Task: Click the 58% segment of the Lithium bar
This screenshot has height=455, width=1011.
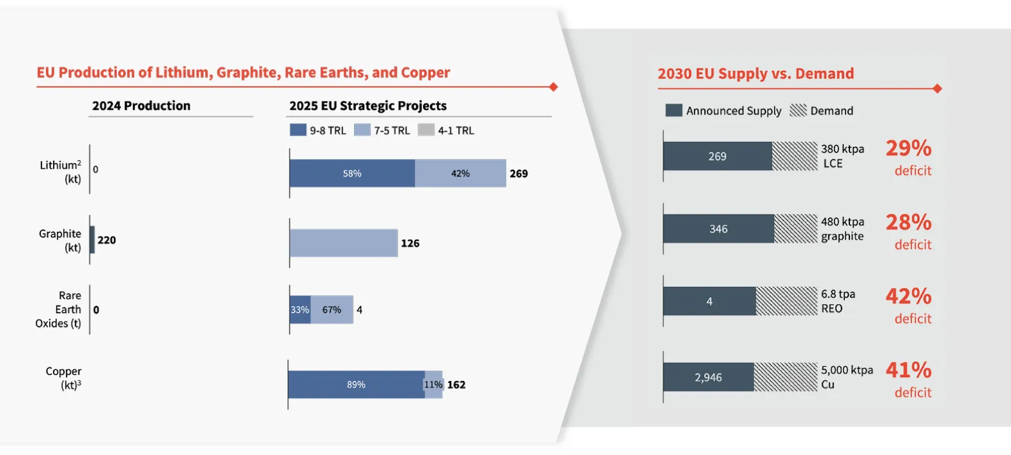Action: pyautogui.click(x=352, y=173)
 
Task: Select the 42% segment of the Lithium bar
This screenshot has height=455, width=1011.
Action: pyautogui.click(x=460, y=173)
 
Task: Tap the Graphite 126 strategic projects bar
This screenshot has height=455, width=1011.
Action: pyautogui.click(x=344, y=243)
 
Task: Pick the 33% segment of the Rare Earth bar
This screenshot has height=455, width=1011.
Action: pyautogui.click(x=300, y=310)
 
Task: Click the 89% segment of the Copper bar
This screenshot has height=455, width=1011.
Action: pyautogui.click(x=356, y=385)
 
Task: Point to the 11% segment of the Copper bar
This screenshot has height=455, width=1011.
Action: pyautogui.click(x=433, y=385)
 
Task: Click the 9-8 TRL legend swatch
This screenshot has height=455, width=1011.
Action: pyautogui.click(x=298, y=130)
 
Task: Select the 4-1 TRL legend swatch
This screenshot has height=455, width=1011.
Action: pyautogui.click(x=426, y=130)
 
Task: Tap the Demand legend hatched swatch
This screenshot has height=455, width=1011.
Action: pyautogui.click(x=798, y=111)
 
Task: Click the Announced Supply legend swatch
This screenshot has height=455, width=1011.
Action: pyautogui.click(x=674, y=111)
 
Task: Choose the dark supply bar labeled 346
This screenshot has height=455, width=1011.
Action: pyautogui.click(x=718, y=229)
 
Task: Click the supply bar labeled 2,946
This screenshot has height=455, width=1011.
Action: pyautogui.click(x=708, y=378)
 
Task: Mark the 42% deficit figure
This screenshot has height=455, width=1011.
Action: pyautogui.click(x=908, y=297)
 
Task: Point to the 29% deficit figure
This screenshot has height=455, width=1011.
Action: pyautogui.click(x=908, y=148)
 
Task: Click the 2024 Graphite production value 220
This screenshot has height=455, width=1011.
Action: pyautogui.click(x=107, y=240)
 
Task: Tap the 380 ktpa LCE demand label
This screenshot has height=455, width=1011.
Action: pyautogui.click(x=842, y=156)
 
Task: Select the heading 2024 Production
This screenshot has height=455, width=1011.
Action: pyautogui.click(x=141, y=106)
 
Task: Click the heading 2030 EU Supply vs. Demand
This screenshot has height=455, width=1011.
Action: pyautogui.click(x=755, y=74)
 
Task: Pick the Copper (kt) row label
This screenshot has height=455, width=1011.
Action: pyautogui.click(x=63, y=378)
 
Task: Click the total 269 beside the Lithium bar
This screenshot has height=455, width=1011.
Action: pyautogui.click(x=518, y=174)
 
